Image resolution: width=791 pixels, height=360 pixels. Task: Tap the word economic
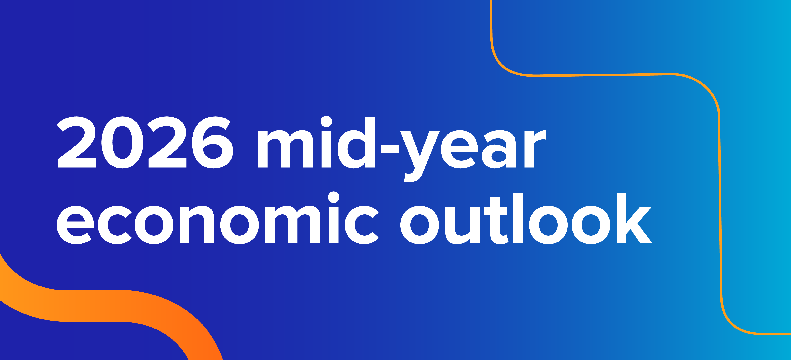point(218,218)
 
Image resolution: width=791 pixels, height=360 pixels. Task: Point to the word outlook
point(526,218)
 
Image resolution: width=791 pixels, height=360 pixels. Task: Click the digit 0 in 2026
point(122,142)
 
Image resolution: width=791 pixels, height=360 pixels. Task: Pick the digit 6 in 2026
point(212,142)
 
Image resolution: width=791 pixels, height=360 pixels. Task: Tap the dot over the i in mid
point(326,121)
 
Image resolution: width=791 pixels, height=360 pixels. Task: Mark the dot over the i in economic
point(334,197)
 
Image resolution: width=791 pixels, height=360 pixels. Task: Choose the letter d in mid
point(356,143)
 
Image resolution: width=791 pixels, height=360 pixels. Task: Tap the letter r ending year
point(535,149)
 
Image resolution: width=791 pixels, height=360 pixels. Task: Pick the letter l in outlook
point(518,218)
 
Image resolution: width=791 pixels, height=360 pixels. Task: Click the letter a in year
point(499,149)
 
